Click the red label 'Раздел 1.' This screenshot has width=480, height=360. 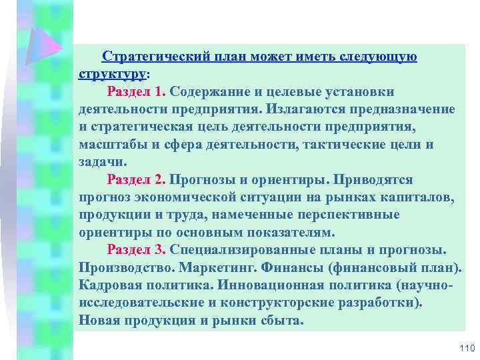136,91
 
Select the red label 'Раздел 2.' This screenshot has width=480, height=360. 136,180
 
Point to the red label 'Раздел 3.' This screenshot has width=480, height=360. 136,250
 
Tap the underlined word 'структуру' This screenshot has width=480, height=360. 112,74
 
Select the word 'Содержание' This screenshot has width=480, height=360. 211,91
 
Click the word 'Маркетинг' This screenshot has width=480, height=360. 229,268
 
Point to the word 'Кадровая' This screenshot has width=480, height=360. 113,285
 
